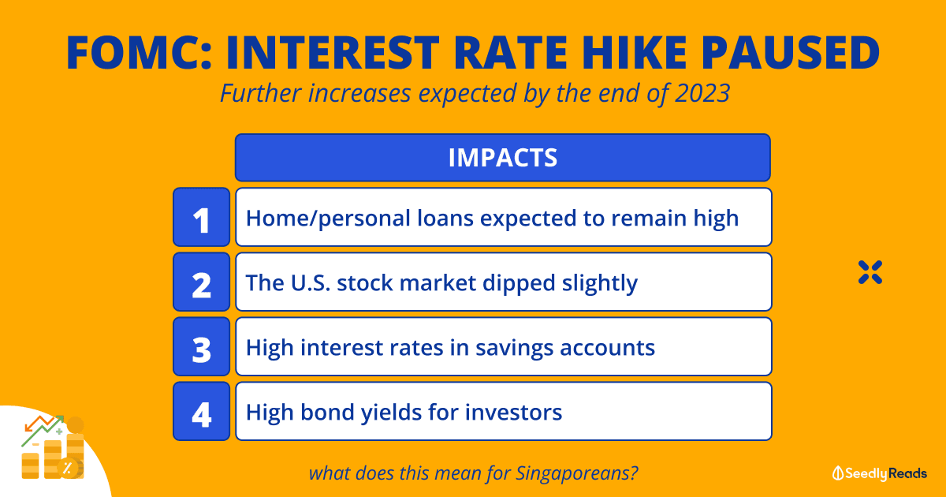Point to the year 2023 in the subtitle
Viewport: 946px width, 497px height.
(702, 93)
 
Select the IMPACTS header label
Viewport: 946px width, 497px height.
(503, 158)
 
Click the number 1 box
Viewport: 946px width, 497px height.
(202, 217)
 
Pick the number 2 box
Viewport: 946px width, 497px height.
(202, 282)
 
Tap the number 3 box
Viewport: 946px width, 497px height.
(202, 346)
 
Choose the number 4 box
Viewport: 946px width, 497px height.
(202, 411)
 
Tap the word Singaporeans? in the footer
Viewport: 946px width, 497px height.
(576, 474)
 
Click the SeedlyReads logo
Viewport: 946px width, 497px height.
(879, 473)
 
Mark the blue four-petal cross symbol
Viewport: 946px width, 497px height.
(870, 272)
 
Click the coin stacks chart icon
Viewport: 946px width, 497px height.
(54, 447)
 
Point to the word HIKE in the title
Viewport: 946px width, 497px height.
(635, 53)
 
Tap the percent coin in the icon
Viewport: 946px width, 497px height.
(68, 469)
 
